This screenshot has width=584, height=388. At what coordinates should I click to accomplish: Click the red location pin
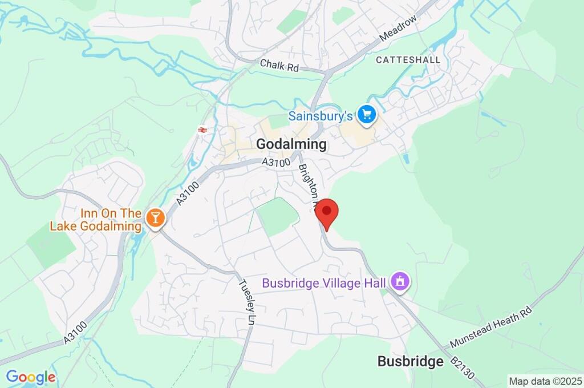327,213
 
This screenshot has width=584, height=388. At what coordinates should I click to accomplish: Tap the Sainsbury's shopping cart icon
366,115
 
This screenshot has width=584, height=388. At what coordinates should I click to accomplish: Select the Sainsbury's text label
320,116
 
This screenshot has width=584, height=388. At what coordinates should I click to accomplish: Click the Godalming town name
291,144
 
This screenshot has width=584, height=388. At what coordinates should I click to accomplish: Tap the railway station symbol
201,130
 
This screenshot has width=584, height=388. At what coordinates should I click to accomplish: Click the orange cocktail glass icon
154,217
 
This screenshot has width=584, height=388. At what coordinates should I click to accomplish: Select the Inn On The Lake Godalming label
95,220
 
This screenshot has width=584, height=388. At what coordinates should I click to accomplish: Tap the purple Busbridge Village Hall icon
401,281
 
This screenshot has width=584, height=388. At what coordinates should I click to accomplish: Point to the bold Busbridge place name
410,361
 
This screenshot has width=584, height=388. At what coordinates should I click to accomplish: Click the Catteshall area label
408,59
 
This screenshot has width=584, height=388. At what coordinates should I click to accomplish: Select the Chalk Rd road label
279,66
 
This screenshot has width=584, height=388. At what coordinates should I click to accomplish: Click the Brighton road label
309,182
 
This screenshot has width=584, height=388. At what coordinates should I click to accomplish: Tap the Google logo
30,377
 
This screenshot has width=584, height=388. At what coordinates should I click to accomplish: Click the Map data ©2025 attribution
545,381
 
